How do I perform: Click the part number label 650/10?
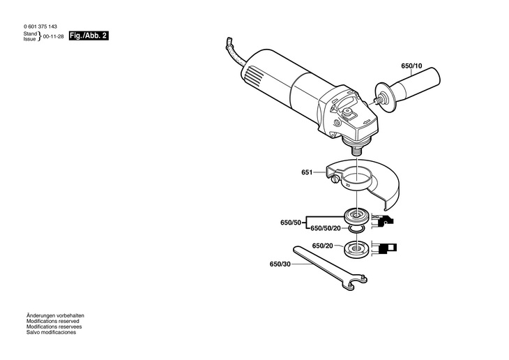click(x=411, y=66)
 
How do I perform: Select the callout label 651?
click(x=307, y=172)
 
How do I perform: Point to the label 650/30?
click(x=280, y=264)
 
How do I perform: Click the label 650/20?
click(x=322, y=246)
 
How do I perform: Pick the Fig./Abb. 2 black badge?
click(x=89, y=35)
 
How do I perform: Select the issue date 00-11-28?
click(x=54, y=35)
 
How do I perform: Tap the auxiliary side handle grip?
click(x=418, y=84)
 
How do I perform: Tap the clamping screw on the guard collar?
click(x=336, y=181)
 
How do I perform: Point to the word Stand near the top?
click(x=30, y=33)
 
